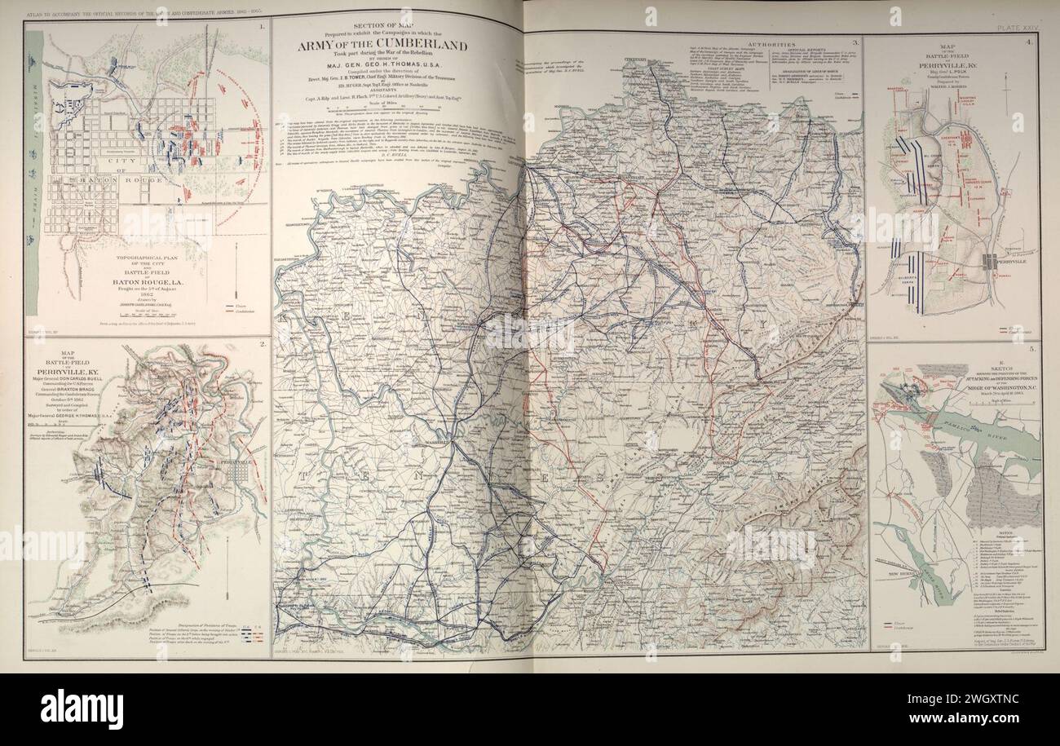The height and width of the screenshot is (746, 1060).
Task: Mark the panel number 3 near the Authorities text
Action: point(855,42)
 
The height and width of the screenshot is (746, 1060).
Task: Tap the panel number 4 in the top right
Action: point(1031,42)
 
